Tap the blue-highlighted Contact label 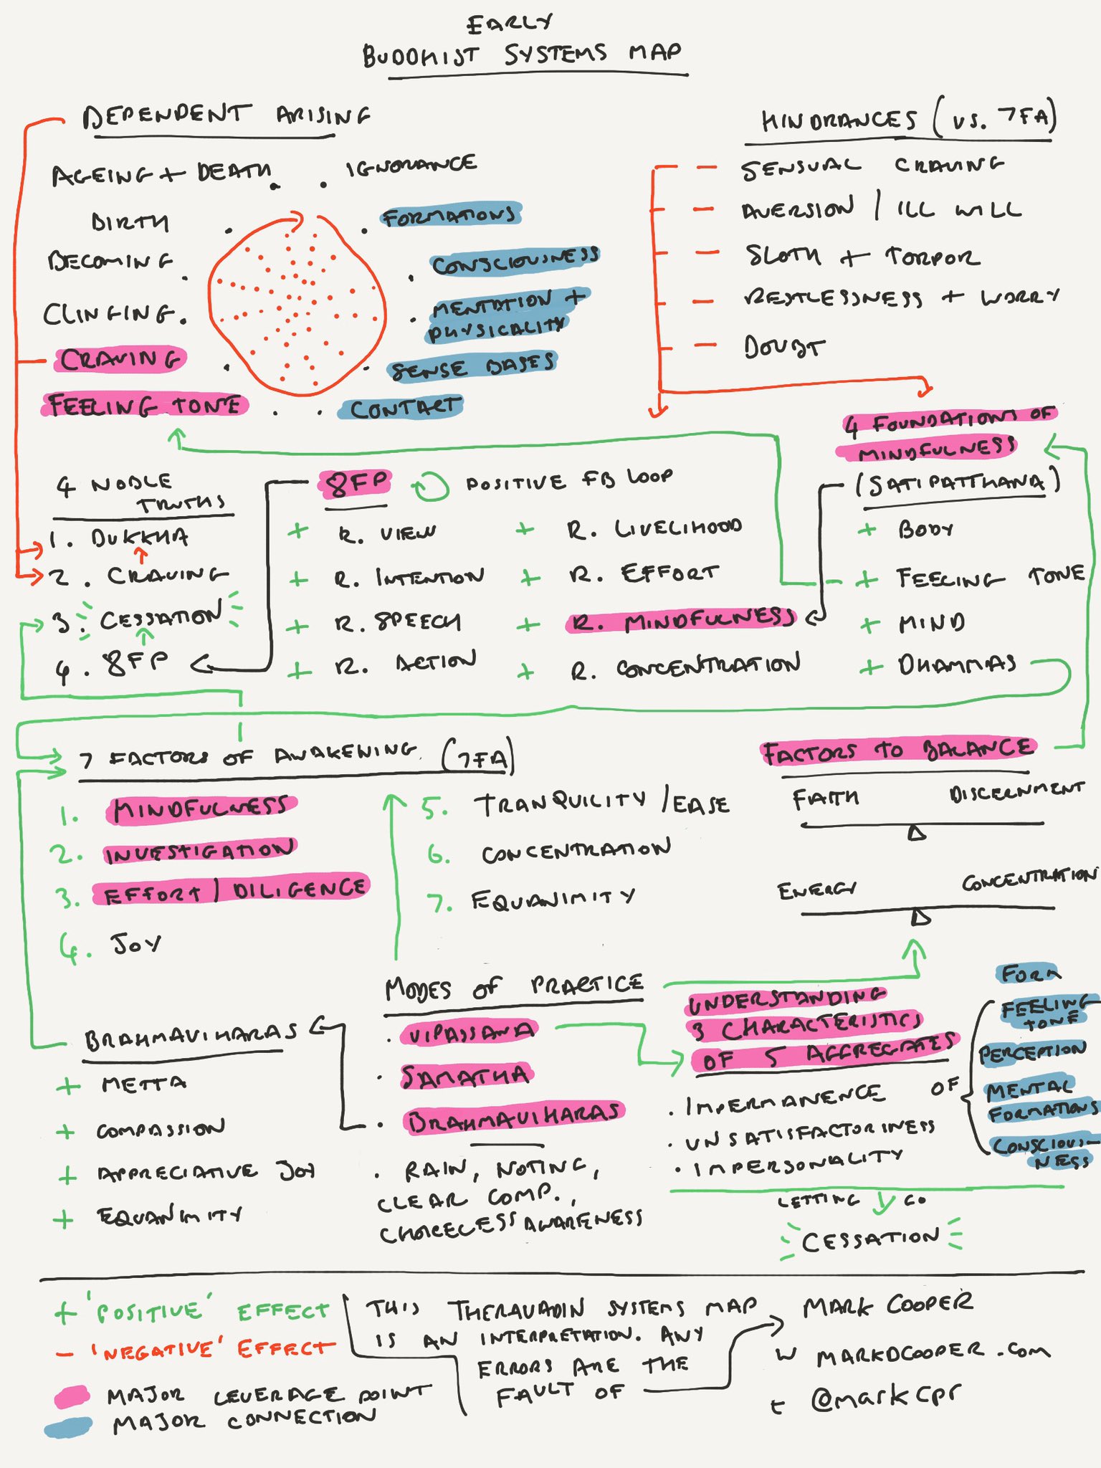[403, 409]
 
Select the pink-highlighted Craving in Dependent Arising [120, 359]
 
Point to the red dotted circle [297, 305]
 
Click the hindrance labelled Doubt [783, 348]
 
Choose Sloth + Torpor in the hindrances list [861, 256]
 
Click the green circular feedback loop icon [431, 487]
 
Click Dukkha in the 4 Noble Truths [140, 538]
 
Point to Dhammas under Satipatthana [957, 664]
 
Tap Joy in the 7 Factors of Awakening [135, 943]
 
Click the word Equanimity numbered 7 [553, 899]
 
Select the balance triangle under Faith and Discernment [917, 832]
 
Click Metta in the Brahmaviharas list [143, 1083]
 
